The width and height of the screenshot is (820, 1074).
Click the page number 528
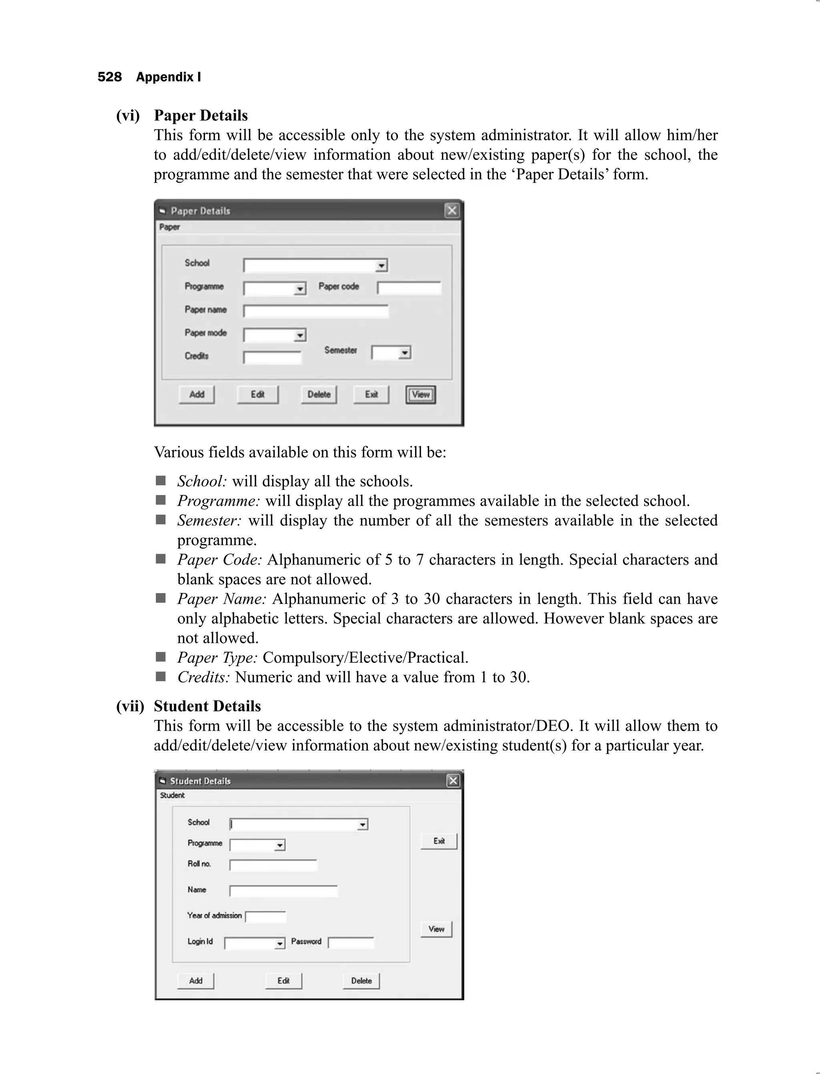(x=109, y=77)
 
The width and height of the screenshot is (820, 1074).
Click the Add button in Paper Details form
(x=196, y=394)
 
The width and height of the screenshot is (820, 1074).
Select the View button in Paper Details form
(x=420, y=394)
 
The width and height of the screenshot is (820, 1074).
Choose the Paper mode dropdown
(x=274, y=335)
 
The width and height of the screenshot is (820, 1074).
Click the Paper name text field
(x=316, y=312)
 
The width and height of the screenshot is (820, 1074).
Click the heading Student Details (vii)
(x=207, y=706)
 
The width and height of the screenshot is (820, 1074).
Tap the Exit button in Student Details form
(x=439, y=841)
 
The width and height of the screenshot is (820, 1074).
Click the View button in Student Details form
(x=436, y=929)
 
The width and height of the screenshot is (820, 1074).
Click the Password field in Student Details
(x=351, y=943)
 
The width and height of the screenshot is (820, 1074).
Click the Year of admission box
(x=265, y=917)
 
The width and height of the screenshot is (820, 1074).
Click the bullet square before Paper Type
(x=161, y=657)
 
